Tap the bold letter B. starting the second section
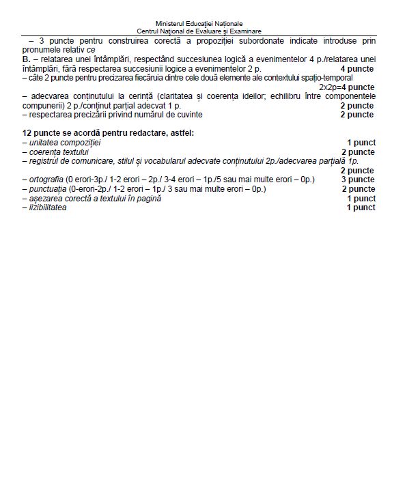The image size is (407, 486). pyautogui.click(x=26, y=59)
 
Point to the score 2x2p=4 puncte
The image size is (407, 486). pyautogui.click(x=347, y=87)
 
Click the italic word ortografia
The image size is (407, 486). pyautogui.click(x=45, y=180)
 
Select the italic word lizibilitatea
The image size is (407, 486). pyautogui.click(x=47, y=208)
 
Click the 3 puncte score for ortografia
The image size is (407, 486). pyautogui.click(x=358, y=180)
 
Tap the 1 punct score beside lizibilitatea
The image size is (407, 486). pyautogui.click(x=361, y=208)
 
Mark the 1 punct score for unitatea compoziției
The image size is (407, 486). pyautogui.click(x=361, y=142)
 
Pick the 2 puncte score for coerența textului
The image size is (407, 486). pyautogui.click(x=358, y=152)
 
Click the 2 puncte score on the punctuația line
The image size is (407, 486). pyautogui.click(x=358, y=189)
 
